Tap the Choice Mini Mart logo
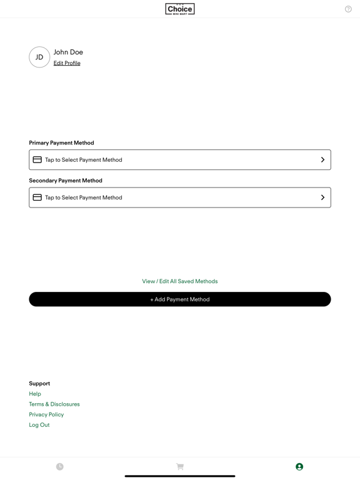pos(180,9)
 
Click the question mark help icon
pos(348,9)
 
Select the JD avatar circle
pos(39,57)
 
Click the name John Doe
pos(68,52)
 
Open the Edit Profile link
pos(67,63)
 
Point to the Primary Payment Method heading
pos(61,142)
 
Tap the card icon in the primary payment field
pos(37,160)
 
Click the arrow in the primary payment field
pos(322,160)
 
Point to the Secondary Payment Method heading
pos(66,181)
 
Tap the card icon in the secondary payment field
pos(37,197)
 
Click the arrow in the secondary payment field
pos(322,197)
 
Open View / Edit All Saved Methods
pos(180,281)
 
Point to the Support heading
pos(39,383)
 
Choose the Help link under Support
pos(35,394)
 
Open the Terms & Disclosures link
pos(54,404)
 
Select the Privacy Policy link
pos(46,414)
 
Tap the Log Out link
pos(39,425)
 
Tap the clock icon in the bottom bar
pos(60,467)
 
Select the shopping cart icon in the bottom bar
pos(180,467)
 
